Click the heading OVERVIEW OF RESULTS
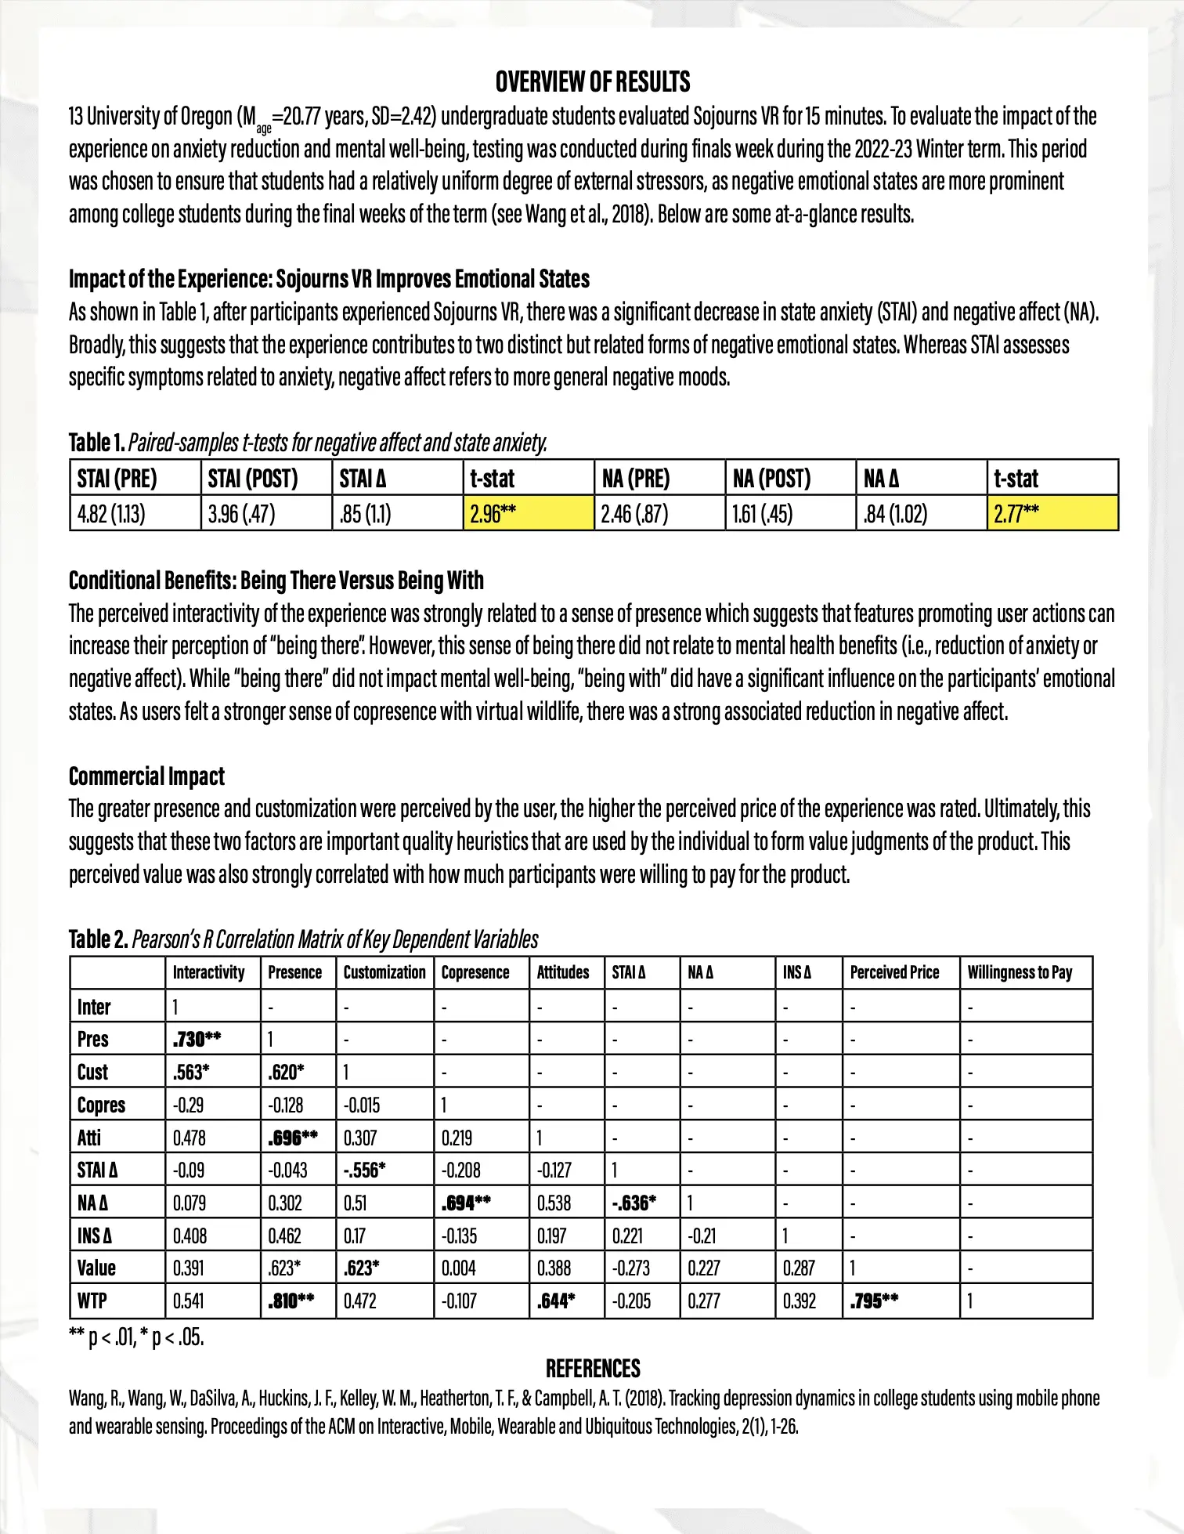tap(593, 81)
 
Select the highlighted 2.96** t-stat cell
tap(493, 514)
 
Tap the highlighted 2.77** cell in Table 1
tap(1016, 514)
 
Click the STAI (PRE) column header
tap(117, 479)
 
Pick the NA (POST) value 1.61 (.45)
tap(762, 514)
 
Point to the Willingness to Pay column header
tap(1020, 972)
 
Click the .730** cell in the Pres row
tap(197, 1039)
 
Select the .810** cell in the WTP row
tap(291, 1301)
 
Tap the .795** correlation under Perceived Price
tap(875, 1301)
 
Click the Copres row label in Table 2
tap(101, 1105)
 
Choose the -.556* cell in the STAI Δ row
tap(365, 1170)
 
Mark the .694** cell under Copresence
tap(466, 1203)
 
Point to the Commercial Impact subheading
tap(146, 776)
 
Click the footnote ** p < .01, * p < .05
tap(136, 1337)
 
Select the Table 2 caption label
tap(99, 939)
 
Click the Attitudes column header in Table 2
tap(563, 972)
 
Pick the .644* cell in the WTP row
tap(557, 1301)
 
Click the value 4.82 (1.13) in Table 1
tap(111, 514)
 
